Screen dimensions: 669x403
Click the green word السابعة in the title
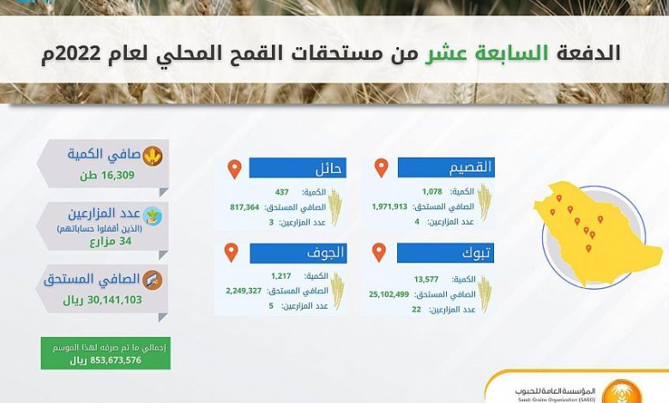(x=487, y=53)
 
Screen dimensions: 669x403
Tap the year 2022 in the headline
(x=77, y=54)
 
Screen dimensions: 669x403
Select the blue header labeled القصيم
(x=446, y=167)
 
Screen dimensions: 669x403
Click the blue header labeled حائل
(x=298, y=167)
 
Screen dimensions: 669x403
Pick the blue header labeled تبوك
(x=445, y=253)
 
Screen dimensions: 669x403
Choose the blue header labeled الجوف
(x=298, y=253)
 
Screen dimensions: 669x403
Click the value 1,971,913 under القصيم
(x=389, y=207)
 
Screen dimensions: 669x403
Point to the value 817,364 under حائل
(x=245, y=208)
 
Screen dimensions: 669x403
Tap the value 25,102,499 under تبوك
(x=389, y=294)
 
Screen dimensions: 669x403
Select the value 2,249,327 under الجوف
(x=244, y=291)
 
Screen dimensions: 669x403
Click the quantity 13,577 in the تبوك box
(x=426, y=280)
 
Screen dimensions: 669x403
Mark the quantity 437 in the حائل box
(x=282, y=192)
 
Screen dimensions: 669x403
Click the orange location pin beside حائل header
(x=235, y=169)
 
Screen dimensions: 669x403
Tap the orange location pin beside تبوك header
(x=379, y=252)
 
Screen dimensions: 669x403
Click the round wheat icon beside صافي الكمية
(x=153, y=156)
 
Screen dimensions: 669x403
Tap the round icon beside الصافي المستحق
(x=153, y=280)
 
